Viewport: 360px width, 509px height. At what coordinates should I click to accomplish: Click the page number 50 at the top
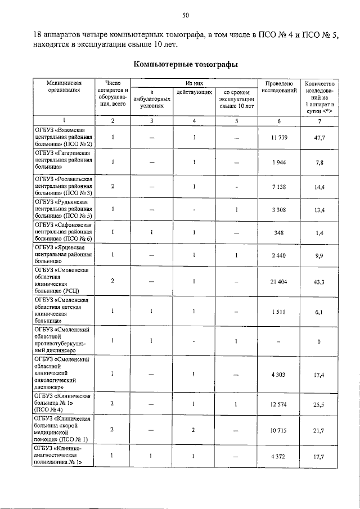coord(185,15)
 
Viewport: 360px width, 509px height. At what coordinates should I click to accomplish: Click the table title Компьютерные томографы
coord(185,64)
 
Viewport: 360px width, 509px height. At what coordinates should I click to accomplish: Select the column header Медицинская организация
coord(64,85)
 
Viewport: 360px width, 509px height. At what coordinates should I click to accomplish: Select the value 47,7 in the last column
coord(319,137)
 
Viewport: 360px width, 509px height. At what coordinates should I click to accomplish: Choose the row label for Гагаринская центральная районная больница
coord(64,160)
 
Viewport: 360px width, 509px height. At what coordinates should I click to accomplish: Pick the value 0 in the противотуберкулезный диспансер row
coord(319,341)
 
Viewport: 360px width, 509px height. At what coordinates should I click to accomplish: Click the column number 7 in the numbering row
coord(319,120)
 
